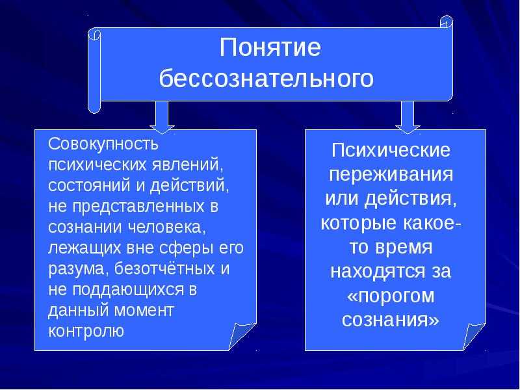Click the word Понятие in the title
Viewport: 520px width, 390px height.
[270, 47]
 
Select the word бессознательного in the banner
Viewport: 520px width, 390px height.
[266, 79]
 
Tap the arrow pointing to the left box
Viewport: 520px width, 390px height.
[162, 117]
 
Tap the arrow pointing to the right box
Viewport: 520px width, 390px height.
[408, 117]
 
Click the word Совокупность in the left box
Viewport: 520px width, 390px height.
[103, 144]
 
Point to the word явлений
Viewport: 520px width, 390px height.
[188, 165]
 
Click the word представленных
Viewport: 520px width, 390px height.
[138, 207]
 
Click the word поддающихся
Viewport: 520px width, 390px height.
[127, 289]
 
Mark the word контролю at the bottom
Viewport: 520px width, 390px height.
[86, 331]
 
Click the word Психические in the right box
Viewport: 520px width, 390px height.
[391, 151]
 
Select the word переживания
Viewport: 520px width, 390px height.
[391, 174]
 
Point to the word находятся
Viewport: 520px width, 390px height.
[378, 271]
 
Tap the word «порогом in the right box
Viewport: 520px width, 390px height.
[391, 295]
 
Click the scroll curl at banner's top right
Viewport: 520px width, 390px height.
[447, 21]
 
